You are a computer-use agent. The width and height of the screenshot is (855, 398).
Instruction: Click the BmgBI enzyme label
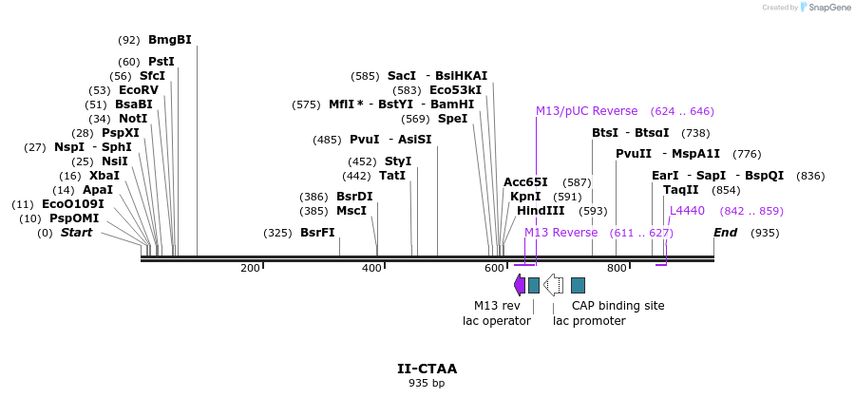click(x=169, y=40)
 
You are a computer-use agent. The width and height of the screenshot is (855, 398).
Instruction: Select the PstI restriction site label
click(x=161, y=62)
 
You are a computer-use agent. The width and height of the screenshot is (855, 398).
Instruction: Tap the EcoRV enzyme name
click(x=138, y=90)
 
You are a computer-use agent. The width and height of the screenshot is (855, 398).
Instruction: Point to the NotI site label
click(x=133, y=119)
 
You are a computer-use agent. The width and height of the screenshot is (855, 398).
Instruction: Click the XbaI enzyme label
click(x=104, y=176)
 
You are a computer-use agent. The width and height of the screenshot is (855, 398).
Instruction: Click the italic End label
click(x=725, y=233)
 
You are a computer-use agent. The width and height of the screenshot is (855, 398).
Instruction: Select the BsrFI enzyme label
click(x=317, y=233)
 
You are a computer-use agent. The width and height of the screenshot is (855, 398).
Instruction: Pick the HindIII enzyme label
click(x=541, y=211)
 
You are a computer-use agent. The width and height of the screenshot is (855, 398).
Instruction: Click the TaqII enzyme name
click(x=680, y=190)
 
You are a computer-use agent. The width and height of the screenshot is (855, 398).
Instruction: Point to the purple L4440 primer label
click(x=687, y=211)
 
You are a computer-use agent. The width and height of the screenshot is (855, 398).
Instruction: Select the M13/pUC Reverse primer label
click(x=586, y=111)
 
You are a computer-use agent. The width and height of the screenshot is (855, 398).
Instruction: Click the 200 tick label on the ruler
click(x=250, y=269)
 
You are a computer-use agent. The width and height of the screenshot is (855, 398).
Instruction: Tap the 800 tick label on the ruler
click(x=617, y=269)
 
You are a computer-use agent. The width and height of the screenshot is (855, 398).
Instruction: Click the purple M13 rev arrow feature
click(x=519, y=284)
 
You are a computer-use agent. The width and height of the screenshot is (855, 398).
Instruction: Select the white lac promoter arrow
click(x=553, y=284)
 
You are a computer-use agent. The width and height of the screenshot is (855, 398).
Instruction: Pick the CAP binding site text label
click(x=617, y=306)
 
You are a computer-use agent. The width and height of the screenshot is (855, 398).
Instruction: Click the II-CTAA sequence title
click(x=427, y=369)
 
